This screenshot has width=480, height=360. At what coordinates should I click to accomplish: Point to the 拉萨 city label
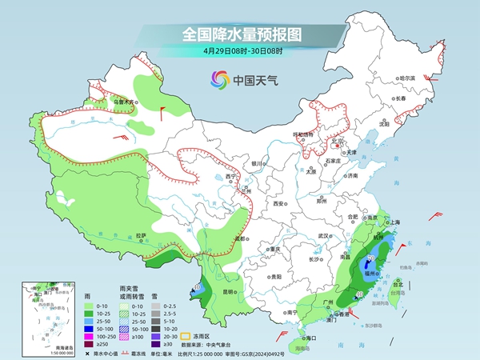pos(141,235)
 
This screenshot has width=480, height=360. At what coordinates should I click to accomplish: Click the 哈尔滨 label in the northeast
pos(407,78)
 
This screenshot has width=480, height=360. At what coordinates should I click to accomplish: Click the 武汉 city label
pos(324,236)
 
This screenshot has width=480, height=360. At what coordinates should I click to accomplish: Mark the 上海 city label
pos(395,222)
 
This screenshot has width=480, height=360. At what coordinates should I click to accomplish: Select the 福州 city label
pos(371,272)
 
